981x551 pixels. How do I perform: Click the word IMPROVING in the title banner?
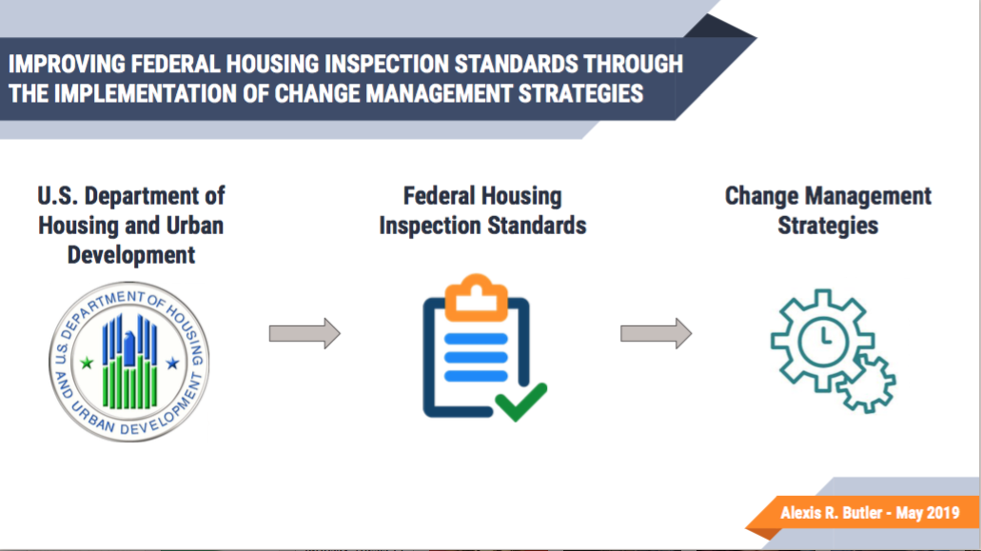67,64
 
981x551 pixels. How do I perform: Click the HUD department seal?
129,362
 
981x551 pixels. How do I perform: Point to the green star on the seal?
87,363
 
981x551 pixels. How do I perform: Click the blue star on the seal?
172,363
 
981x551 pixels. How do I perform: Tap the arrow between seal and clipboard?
304,333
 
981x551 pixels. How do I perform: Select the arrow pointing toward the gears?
657,333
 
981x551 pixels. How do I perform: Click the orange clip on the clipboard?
477,298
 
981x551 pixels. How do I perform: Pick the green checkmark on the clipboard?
520,402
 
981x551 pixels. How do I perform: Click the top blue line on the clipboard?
476,339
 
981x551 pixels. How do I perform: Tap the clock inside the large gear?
823,342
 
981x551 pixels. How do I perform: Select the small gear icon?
867,383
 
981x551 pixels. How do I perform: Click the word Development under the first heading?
131,255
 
